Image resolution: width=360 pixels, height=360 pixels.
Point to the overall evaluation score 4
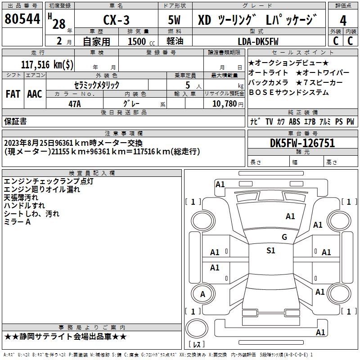[343, 20]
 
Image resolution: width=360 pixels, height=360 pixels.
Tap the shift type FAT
[13, 94]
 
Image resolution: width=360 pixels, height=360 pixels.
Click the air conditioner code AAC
[34, 94]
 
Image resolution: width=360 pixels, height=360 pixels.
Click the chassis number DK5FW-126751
[302, 144]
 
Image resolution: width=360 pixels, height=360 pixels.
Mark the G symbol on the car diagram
[284, 237]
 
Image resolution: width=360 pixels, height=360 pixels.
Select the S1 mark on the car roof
[270, 251]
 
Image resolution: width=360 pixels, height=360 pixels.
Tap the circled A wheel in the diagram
[202, 294]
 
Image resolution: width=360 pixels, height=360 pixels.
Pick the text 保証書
[15, 121]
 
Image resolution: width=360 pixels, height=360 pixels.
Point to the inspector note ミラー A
[17, 222]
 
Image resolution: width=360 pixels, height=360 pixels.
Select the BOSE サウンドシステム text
[288, 93]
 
